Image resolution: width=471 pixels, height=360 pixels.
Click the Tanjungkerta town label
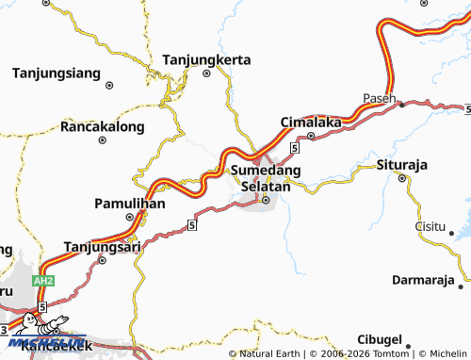click(x=207, y=59)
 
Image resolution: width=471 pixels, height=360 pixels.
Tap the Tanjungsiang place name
click(x=57, y=72)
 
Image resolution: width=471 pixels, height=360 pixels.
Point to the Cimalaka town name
click(x=310, y=123)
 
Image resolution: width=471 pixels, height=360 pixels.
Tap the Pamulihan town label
click(x=131, y=204)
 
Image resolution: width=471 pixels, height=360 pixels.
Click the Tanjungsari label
click(x=101, y=247)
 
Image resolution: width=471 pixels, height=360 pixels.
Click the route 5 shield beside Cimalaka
click(x=295, y=149)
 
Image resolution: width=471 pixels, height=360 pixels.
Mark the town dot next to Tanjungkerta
click(x=207, y=74)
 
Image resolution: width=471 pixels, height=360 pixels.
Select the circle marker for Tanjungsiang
click(x=109, y=85)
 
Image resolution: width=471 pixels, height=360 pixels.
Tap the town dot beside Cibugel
click(x=411, y=339)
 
